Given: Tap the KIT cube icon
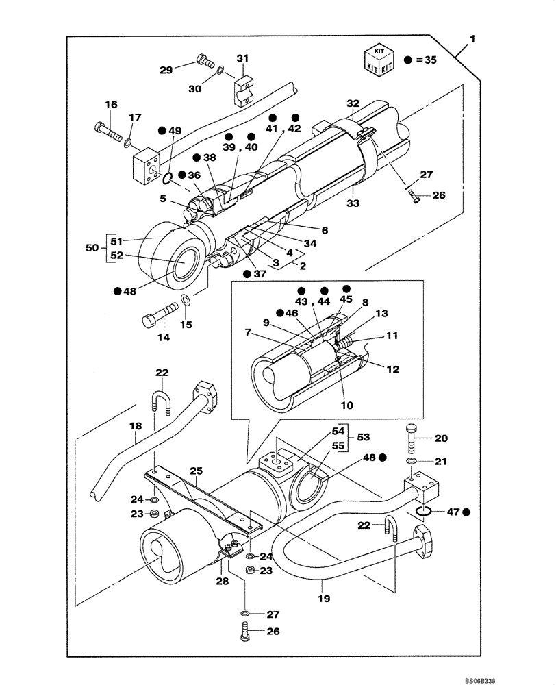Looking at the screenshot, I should tap(379, 59).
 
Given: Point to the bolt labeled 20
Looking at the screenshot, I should tap(412, 438).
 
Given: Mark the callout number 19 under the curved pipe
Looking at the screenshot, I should tap(324, 598).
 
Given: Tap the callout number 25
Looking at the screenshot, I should tap(196, 472).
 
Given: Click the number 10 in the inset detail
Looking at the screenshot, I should tap(348, 405).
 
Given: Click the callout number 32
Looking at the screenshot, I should tap(353, 103).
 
